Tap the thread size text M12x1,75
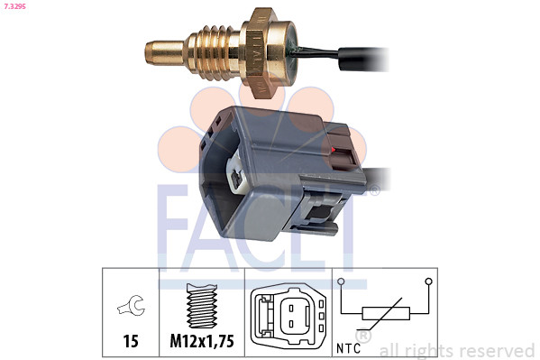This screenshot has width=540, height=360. pos(201,341)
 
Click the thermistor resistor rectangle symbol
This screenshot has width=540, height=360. pos(385,314)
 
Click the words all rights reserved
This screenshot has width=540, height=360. pos(456,349)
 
